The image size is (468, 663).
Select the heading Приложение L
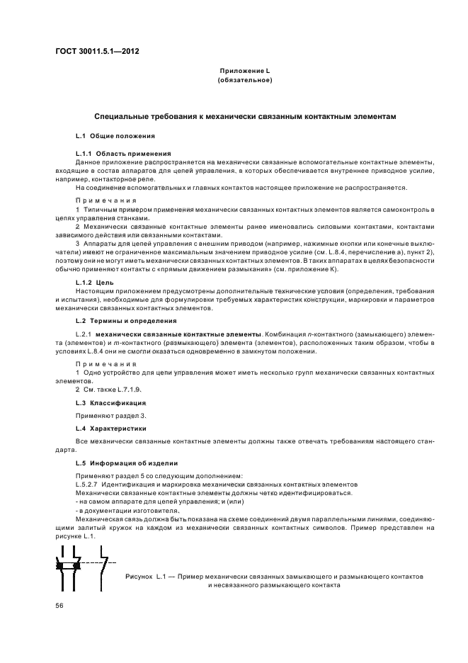point(244,72)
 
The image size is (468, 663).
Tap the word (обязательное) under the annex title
point(244,80)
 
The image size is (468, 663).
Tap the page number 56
point(60,606)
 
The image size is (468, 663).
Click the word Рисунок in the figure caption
point(138,577)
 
